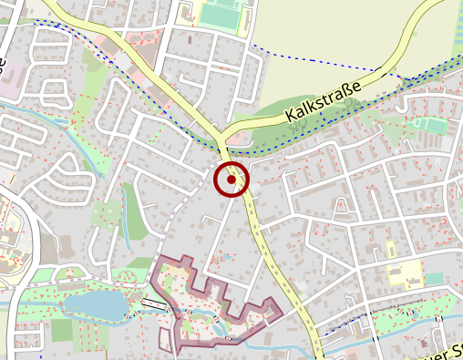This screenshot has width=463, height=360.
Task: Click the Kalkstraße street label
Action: coord(323,100)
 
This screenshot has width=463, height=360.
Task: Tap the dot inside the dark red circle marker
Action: coord(231,180)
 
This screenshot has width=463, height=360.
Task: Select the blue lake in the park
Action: coord(96,304)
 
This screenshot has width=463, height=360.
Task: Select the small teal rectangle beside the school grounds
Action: coord(434,278)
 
